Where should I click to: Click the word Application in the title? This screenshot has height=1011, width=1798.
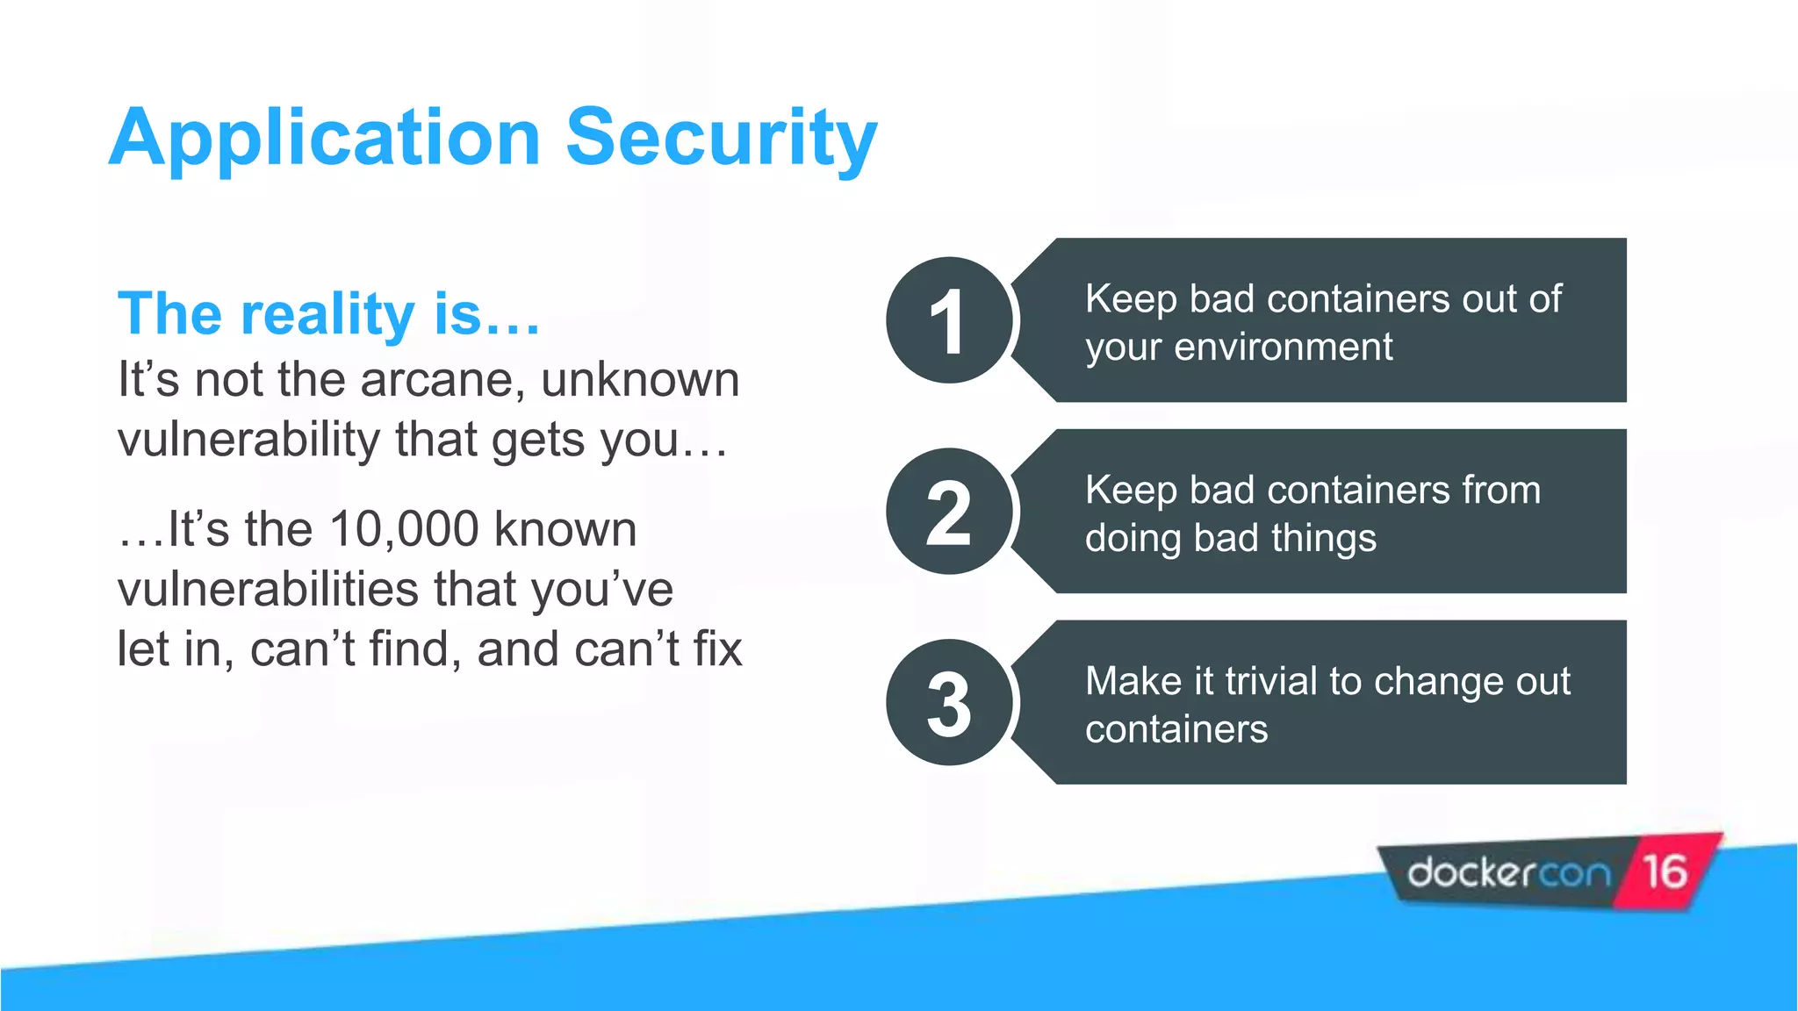pyautogui.click(x=325, y=139)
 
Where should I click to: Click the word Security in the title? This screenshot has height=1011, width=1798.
pyautogui.click(x=721, y=139)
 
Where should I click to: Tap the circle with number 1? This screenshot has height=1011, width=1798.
pyautogui.click(x=949, y=320)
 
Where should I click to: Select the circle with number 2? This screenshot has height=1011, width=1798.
pyautogui.click(x=949, y=512)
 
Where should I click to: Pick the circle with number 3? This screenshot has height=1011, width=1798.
pyautogui.click(x=949, y=703)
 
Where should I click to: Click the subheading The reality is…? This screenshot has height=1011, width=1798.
pyautogui.click(x=328, y=314)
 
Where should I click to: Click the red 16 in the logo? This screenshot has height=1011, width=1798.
pyautogui.click(x=1665, y=871)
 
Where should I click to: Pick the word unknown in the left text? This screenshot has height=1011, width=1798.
pyautogui.click(x=640, y=381)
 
